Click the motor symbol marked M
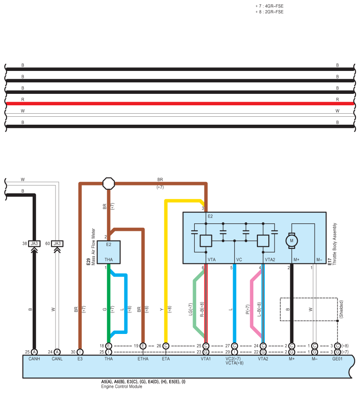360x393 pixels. pos(291,240)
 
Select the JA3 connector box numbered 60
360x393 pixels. pos(57,243)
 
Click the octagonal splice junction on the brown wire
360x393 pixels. pos(108,183)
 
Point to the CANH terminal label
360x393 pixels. pos(33,359)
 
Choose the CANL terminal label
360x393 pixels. pos(57,359)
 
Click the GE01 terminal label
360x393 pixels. pos(338,359)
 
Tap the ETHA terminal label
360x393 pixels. pos(143,359)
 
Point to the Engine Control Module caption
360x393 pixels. pos(122,386)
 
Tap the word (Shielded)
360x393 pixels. pos(341,309)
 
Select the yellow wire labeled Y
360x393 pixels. pos(166,273)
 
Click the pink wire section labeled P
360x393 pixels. pos(252,304)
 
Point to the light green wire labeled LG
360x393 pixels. pos(194,304)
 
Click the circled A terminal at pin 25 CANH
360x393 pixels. pos(34,352)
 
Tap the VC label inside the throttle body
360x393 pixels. pos(239,260)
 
